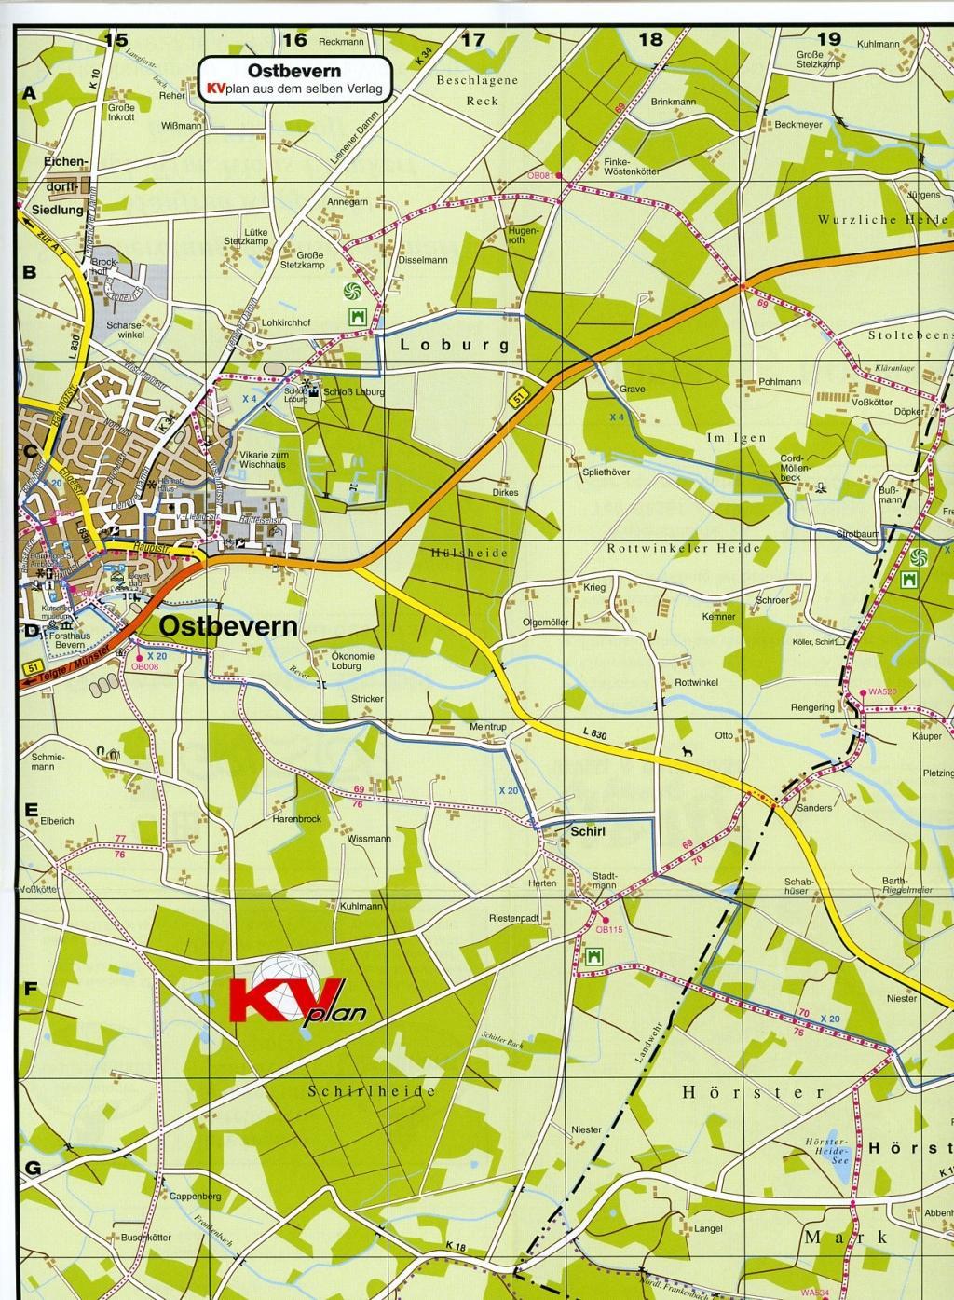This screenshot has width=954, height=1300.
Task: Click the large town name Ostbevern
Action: pos(229,626)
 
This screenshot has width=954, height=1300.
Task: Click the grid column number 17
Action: pos(473,39)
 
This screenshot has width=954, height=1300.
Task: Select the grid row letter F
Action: pos(30,990)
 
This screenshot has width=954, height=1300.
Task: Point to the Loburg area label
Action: pos(455,345)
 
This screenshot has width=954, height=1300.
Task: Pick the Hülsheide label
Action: pos(470,553)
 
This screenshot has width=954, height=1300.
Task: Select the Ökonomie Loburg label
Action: pos(352,662)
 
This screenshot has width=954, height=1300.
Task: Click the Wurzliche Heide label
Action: pos(882,220)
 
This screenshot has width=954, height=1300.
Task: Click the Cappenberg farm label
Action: pos(194,1196)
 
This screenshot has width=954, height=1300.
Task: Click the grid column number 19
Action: pos(828,39)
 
